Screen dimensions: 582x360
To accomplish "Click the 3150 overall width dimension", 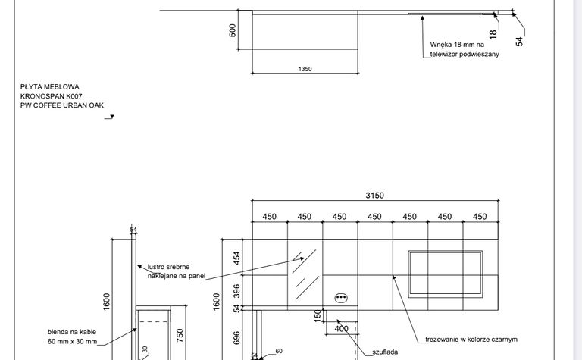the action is click(x=374, y=196).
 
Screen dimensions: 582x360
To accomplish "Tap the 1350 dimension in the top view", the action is click(x=305, y=69).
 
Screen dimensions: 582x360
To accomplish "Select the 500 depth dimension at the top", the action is click(x=233, y=30).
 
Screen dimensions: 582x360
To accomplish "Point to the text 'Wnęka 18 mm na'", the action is click(x=457, y=45).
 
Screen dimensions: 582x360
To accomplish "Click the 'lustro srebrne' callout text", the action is click(x=168, y=267).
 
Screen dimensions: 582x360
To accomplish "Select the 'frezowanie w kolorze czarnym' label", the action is click(x=471, y=340).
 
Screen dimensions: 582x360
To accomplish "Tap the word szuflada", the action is click(x=385, y=352).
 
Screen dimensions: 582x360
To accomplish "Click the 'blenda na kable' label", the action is click(x=72, y=332).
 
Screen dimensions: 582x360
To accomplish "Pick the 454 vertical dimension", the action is click(x=236, y=258).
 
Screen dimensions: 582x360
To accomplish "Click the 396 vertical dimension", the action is click(x=236, y=291).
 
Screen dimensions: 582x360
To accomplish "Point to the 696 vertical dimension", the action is click(x=236, y=338).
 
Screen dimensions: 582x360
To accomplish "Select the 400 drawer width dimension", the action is click(x=342, y=329).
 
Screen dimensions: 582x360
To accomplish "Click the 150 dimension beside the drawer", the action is click(x=318, y=316).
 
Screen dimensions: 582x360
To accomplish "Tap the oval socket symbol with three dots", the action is click(x=341, y=298).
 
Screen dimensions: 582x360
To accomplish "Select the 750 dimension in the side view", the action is click(x=180, y=336).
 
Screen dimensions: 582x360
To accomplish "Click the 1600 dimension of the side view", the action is click(x=107, y=302).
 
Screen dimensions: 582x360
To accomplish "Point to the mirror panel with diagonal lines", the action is click(x=305, y=274).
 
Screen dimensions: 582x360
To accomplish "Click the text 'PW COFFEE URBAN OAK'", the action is click(x=62, y=105).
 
